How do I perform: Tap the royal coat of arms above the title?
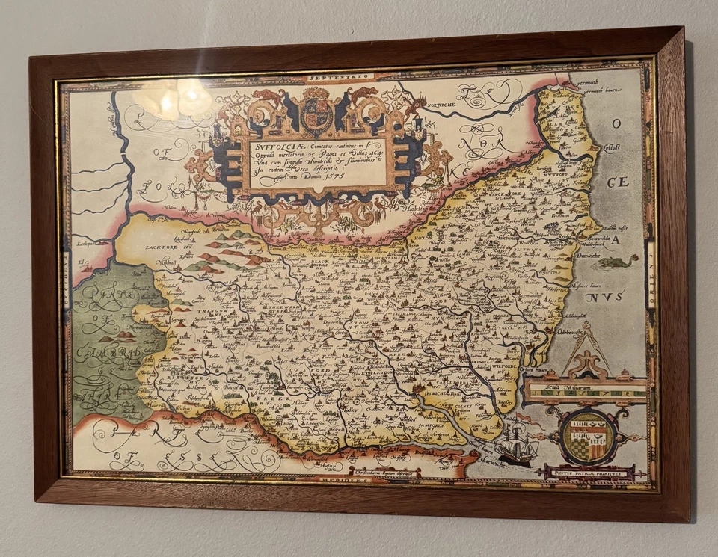click(315, 112)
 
